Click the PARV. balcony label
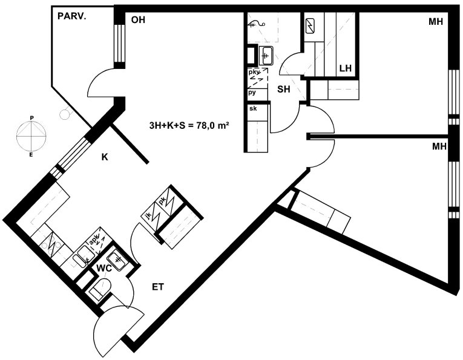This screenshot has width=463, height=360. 72,16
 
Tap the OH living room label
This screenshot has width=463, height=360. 138,20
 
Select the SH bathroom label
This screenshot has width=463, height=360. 284,89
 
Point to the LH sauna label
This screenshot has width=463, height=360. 346,68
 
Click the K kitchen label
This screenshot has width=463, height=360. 105,157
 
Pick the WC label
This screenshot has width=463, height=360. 105,269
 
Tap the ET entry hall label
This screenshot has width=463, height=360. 158,287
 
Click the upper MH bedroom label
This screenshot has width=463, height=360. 436,22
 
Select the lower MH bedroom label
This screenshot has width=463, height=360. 439,146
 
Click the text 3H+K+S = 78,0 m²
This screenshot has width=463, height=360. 189,126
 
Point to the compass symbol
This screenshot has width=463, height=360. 31,135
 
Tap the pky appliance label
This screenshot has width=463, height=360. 254,72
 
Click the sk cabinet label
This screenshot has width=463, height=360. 253,108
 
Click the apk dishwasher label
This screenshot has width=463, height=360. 93,240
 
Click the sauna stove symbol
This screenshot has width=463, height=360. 310,26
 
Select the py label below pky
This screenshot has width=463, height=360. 252,93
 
